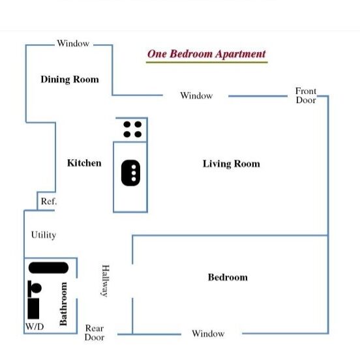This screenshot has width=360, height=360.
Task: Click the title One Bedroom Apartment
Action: click(206, 54)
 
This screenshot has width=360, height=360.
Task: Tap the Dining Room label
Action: click(70, 80)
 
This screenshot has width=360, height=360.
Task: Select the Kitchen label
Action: click(84, 163)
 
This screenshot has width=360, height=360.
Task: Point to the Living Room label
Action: click(232, 164)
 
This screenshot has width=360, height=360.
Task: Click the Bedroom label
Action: click(228, 277)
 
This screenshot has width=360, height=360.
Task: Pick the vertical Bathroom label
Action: click(63, 304)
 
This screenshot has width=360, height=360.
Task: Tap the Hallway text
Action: click(106, 281)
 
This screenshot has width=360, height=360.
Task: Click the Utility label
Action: click(44, 235)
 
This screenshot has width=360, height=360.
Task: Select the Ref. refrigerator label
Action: click(49, 202)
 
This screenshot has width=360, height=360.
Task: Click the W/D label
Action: click(35, 327)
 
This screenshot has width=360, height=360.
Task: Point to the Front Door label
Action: click(306, 95)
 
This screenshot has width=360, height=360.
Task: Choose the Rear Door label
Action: click(95, 333)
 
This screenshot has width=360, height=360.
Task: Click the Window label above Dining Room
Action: click(73, 43)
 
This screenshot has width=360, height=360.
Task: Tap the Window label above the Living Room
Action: click(196, 95)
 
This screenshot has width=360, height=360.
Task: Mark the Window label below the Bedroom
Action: click(208, 334)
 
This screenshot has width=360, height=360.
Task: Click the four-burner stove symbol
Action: click(132, 130)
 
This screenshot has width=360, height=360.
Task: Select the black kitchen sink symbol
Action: click(130, 173)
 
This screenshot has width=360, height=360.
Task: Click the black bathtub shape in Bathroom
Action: click(48, 267)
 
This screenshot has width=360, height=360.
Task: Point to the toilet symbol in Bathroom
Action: click(35, 289)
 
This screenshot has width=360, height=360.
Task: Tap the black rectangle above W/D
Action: click(33, 308)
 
